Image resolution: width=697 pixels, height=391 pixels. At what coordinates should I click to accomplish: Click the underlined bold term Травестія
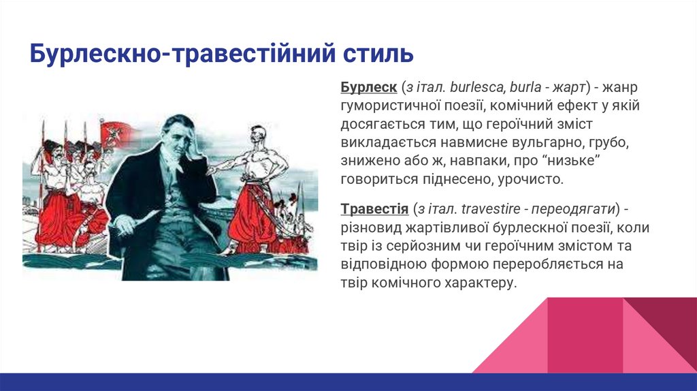(x=374, y=208)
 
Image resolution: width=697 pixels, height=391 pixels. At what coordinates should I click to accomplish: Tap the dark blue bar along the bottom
(x=348, y=382)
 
